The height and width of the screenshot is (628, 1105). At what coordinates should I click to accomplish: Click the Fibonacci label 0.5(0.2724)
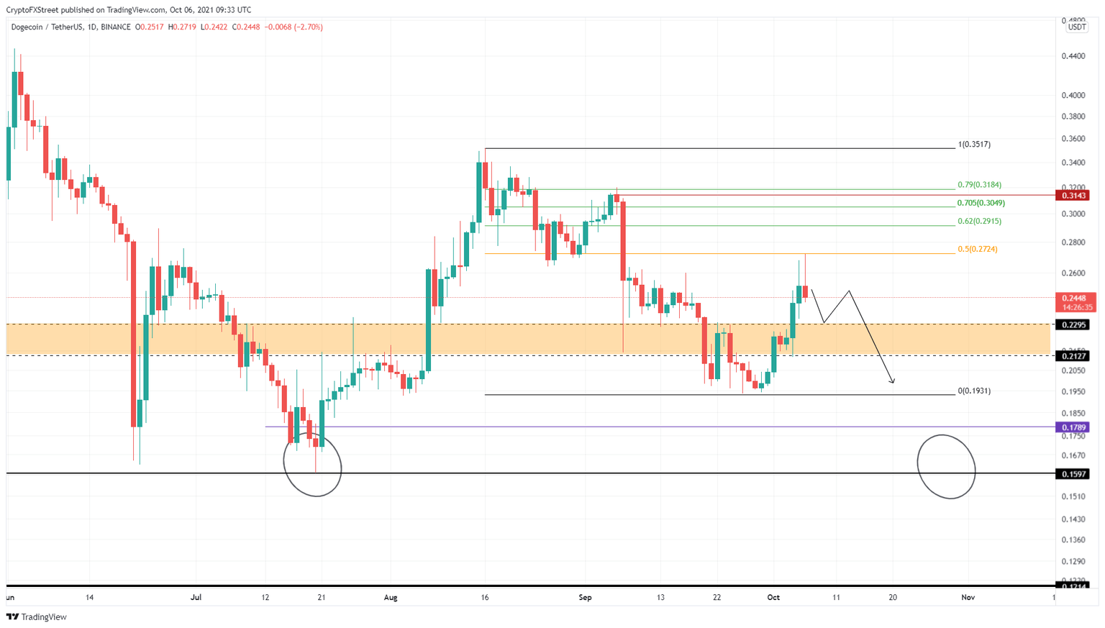977,250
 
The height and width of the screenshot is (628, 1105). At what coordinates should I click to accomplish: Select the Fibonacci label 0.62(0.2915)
978,222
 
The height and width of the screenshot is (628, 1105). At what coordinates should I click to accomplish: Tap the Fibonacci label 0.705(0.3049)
981,204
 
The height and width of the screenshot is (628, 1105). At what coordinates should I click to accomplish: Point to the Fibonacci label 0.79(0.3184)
978,185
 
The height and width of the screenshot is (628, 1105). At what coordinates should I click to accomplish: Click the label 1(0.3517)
974,145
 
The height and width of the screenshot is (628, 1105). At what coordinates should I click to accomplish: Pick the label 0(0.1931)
974,391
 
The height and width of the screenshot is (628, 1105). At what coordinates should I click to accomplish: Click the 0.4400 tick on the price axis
1073,56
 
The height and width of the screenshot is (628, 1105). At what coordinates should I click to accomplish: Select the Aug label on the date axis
391,598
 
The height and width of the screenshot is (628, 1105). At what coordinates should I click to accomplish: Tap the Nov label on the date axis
968,598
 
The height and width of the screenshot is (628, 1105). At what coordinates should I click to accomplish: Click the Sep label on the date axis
585,598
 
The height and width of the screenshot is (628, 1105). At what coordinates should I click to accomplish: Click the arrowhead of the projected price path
892,381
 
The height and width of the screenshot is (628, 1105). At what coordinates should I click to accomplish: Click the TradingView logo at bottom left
37,617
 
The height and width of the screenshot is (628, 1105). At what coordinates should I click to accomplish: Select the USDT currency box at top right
1076,27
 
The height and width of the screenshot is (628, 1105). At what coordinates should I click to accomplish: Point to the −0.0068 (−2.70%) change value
294,27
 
